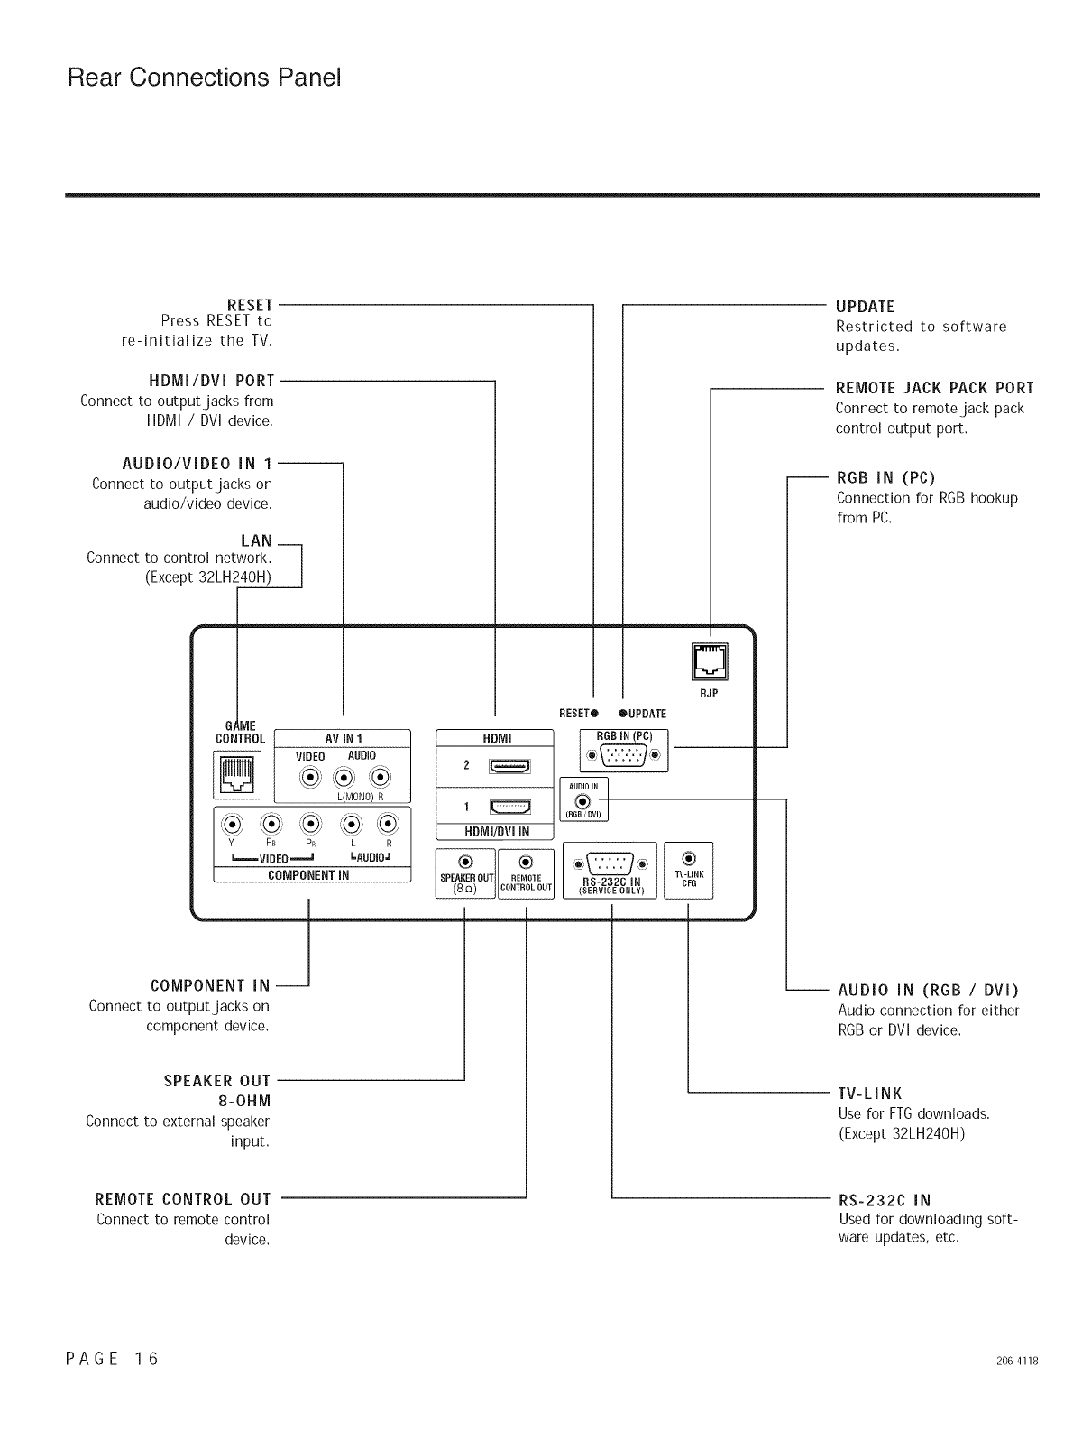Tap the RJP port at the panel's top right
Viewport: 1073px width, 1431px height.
tap(709, 661)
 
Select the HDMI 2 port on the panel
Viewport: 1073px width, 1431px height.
tap(510, 766)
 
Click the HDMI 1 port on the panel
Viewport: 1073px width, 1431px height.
tap(510, 807)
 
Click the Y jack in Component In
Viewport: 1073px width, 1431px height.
tap(234, 824)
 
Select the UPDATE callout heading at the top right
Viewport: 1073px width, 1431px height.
tap(865, 306)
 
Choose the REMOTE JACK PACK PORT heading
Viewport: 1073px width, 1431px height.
tap(934, 388)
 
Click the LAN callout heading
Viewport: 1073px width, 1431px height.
tap(256, 540)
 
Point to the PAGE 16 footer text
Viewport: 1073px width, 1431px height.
tap(113, 1358)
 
